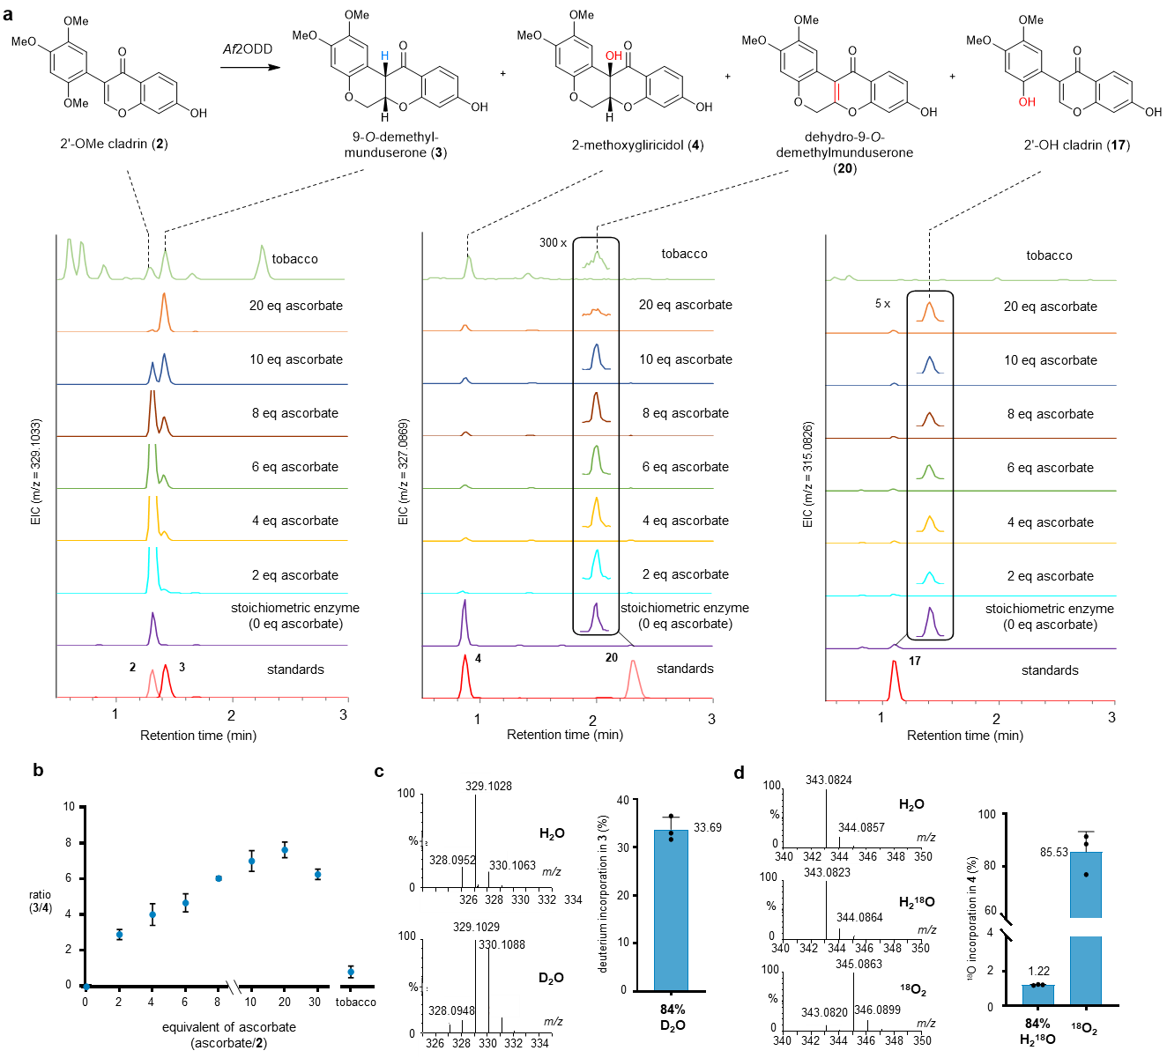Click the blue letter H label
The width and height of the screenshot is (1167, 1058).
click(x=385, y=55)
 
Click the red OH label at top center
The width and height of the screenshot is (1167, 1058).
click(x=613, y=55)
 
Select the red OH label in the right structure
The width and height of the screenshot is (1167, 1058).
click(x=1027, y=102)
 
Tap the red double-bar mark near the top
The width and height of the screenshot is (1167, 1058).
click(x=836, y=92)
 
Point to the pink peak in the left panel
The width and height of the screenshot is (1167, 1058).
click(x=152, y=682)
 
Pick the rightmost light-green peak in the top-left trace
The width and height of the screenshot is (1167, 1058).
click(x=262, y=260)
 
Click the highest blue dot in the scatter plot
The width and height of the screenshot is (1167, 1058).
click(x=285, y=850)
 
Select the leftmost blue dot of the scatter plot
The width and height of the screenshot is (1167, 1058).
click(x=86, y=987)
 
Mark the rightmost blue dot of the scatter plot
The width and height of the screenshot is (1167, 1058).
click(x=351, y=972)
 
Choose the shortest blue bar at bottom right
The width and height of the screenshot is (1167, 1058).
click(x=1037, y=995)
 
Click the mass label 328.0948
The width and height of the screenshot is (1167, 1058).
click(x=451, y=1010)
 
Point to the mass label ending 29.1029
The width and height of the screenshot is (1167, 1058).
click(x=479, y=927)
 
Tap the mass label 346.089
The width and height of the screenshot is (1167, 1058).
click(x=872, y=1010)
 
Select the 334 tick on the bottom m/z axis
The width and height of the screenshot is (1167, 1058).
click(x=539, y=1043)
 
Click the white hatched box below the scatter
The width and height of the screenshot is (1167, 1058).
click(x=234, y=987)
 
